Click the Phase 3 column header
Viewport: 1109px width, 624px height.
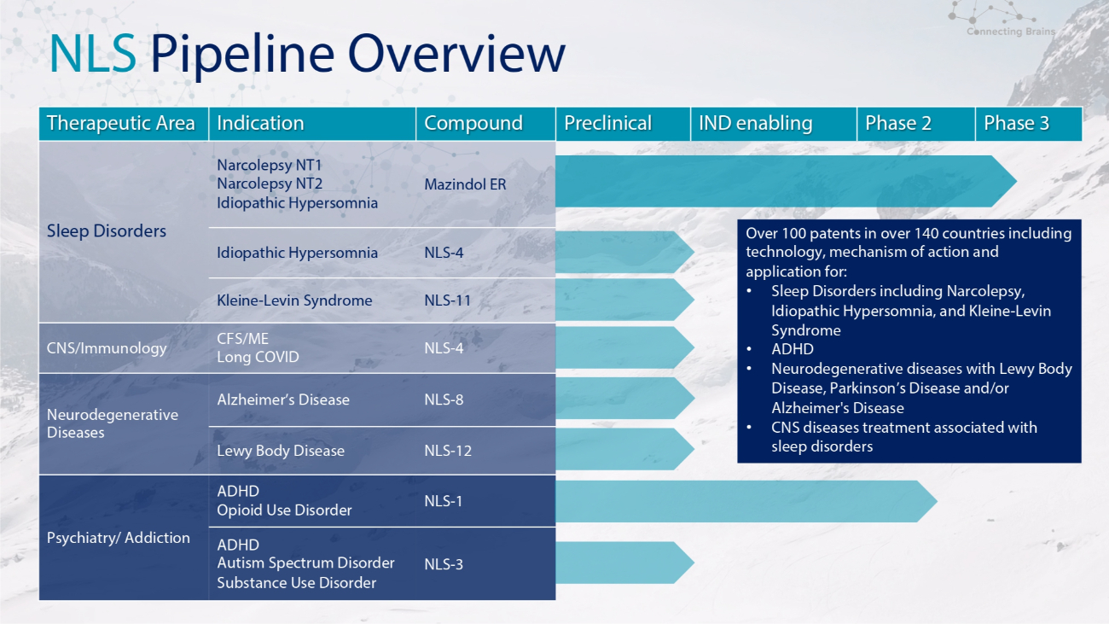click(1028, 123)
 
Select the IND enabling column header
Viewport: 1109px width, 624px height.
click(774, 123)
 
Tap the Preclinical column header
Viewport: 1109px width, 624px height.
click(623, 123)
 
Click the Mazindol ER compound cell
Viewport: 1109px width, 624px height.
click(465, 184)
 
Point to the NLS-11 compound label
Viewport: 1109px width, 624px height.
click(448, 300)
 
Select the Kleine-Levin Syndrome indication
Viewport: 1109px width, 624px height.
click(294, 300)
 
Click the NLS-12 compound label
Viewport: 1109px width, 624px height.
click(448, 451)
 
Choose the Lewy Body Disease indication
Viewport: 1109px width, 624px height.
click(281, 451)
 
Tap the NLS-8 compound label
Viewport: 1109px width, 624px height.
click(444, 399)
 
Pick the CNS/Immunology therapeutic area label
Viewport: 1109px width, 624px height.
click(107, 348)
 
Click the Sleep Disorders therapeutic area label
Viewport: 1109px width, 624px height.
click(107, 231)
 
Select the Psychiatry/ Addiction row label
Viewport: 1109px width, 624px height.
click(119, 537)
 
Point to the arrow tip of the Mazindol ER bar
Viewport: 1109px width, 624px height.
click(1016, 181)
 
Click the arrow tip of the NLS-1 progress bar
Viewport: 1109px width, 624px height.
click(937, 501)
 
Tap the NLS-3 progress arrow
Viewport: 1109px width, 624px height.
click(624, 563)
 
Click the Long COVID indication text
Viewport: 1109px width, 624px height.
click(258, 357)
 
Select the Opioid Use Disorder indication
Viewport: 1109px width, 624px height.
click(284, 510)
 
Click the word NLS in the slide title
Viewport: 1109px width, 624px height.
click(93, 54)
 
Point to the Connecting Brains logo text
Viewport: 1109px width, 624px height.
click(1011, 32)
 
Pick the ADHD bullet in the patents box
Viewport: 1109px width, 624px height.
click(793, 349)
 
